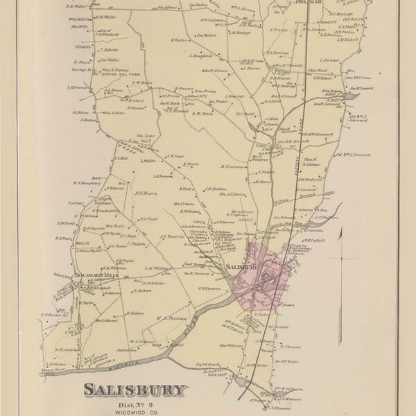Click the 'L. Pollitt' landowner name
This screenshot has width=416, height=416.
[x=146, y=160]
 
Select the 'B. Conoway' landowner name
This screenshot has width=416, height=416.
[x=231, y=166]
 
